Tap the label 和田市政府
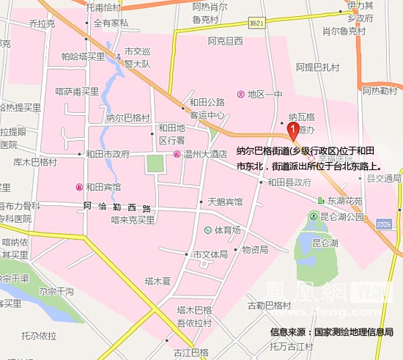point(107,154)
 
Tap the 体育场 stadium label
point(227,230)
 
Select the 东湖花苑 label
point(344,199)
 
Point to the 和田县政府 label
point(294,182)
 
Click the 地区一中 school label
point(265,94)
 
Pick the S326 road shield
point(384,222)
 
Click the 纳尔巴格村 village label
point(127,117)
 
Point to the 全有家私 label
point(111,23)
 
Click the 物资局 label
point(254,249)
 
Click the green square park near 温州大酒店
point(155,164)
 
